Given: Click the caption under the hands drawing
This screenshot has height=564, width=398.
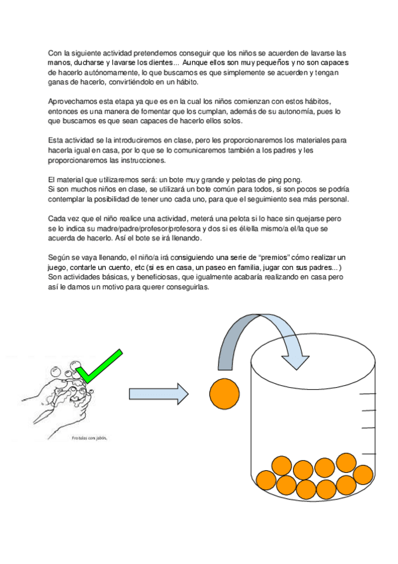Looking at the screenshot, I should pos(90,438).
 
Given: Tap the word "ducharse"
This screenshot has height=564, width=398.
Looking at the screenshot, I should pos(94,62).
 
